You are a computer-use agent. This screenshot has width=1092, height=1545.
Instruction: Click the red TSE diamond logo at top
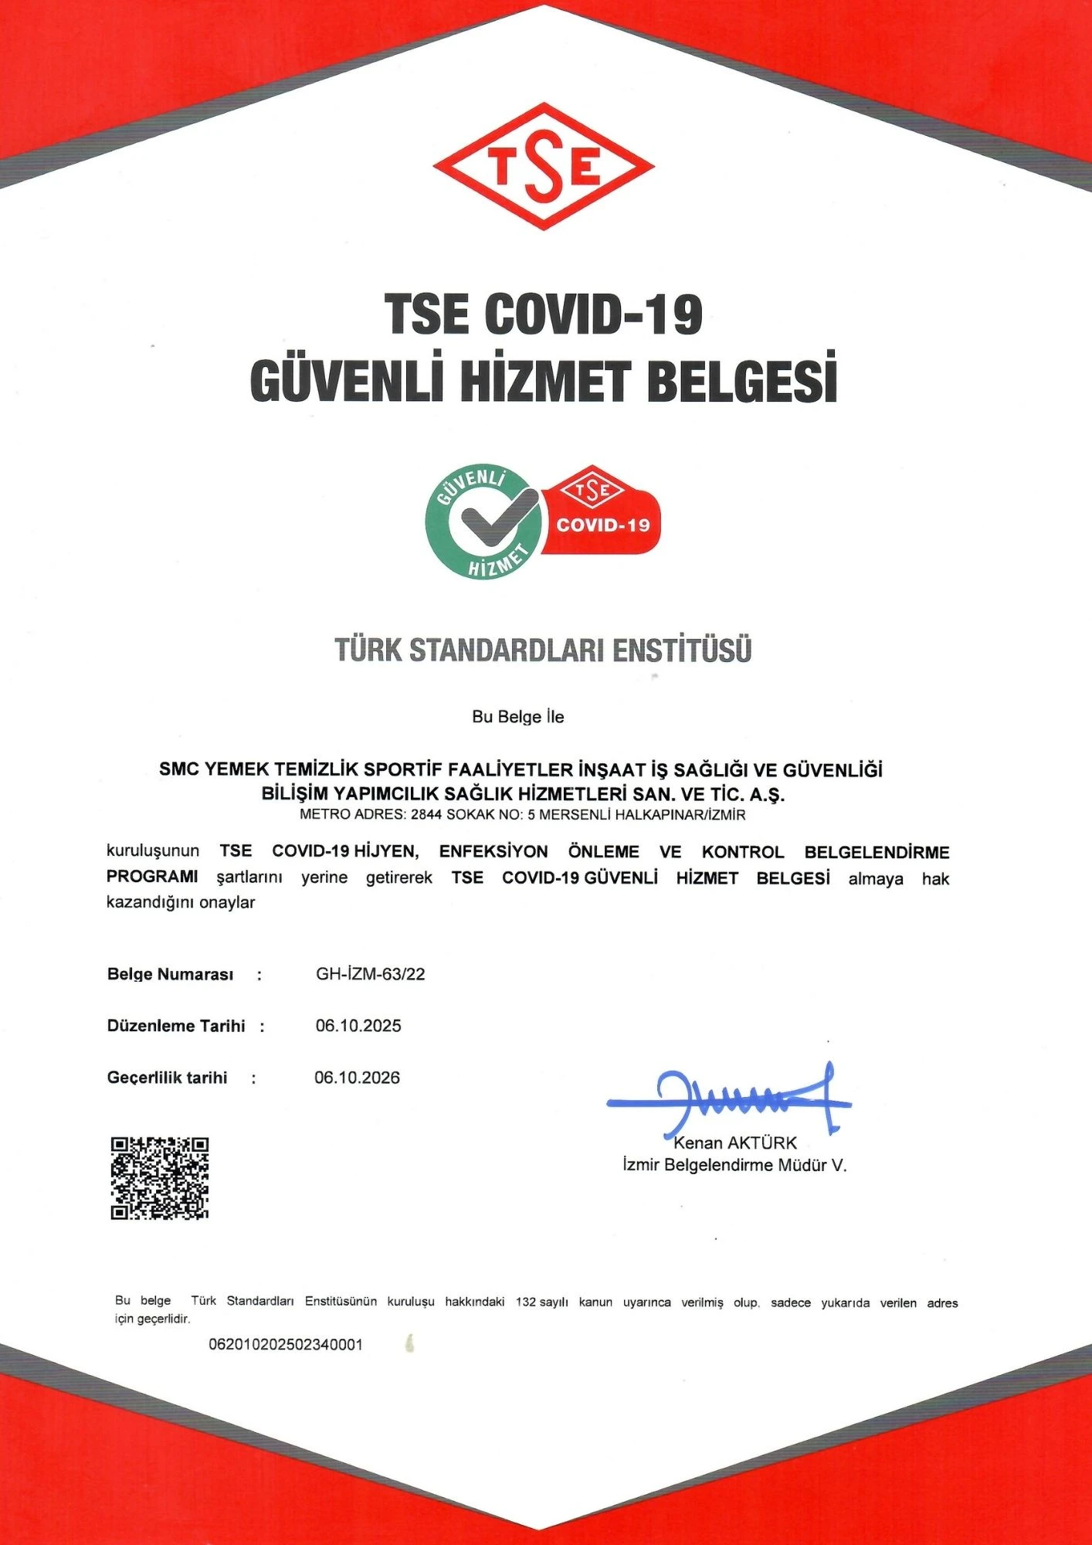pyautogui.click(x=544, y=166)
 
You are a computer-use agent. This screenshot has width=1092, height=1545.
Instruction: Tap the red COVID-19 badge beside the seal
pyautogui.click(x=603, y=514)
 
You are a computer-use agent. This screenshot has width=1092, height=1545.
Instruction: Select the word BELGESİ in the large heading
pyautogui.click(x=742, y=379)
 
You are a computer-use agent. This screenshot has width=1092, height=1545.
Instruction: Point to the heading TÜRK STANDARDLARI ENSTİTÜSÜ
pyautogui.click(x=543, y=650)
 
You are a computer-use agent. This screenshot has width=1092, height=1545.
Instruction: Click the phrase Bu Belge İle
pyautogui.click(x=518, y=717)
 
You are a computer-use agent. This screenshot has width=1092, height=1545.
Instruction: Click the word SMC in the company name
pyautogui.click(x=178, y=769)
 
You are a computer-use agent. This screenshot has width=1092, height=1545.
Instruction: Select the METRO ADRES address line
pyautogui.click(x=522, y=814)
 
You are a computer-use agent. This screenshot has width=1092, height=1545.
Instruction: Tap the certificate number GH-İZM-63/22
pyautogui.click(x=371, y=974)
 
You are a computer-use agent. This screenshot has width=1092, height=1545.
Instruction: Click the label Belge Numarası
pyautogui.click(x=170, y=974)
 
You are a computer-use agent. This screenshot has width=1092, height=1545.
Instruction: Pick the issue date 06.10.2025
pyautogui.click(x=358, y=1026)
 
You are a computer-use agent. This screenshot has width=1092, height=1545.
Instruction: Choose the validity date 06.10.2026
pyautogui.click(x=357, y=1078)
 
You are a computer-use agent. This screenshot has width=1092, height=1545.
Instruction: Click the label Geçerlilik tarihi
pyautogui.click(x=167, y=1078)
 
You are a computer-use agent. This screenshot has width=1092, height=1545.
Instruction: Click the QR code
pyautogui.click(x=159, y=1178)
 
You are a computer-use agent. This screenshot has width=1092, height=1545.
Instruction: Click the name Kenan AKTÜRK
pyautogui.click(x=734, y=1143)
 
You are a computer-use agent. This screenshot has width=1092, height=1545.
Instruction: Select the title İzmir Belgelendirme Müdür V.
pyautogui.click(x=734, y=1166)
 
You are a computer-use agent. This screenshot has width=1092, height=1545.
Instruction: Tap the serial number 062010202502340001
pyautogui.click(x=286, y=1345)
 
